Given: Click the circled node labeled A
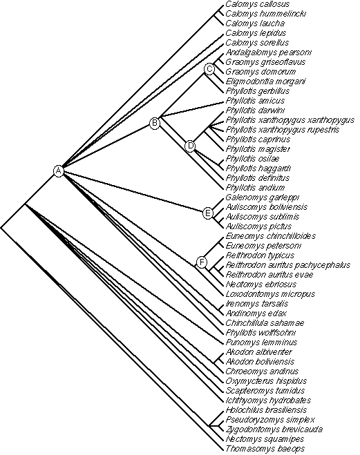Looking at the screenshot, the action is (x=59, y=171).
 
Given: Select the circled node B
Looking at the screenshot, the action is (x=155, y=123).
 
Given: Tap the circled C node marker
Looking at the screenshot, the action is (x=209, y=69).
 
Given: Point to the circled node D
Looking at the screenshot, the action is (x=190, y=146).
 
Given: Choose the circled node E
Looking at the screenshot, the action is (x=208, y=213).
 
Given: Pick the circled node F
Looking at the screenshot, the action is (x=202, y=262).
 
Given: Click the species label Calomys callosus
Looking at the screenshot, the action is (x=258, y=4).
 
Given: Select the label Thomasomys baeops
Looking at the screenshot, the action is (x=265, y=449).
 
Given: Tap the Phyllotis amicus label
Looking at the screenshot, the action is (x=255, y=101).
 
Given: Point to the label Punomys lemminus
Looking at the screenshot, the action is (x=261, y=342).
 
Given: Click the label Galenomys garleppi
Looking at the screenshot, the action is (x=263, y=197).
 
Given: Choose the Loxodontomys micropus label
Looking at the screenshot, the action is (x=270, y=294).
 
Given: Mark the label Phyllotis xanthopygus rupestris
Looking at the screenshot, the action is (x=283, y=130).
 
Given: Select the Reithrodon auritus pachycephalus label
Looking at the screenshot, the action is (x=288, y=265).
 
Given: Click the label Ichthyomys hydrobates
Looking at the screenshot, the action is (x=268, y=400).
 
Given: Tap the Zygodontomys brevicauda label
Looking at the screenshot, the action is (x=274, y=429).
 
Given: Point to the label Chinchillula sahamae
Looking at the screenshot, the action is (x=265, y=323).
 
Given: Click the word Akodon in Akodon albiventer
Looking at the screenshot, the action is (x=238, y=352).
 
